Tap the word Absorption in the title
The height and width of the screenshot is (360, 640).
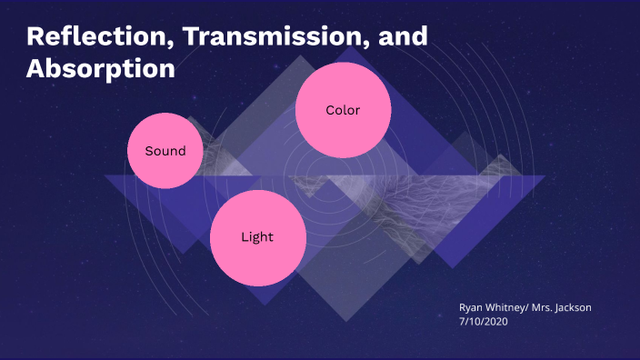click(101, 68)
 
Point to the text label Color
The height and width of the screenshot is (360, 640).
click(344, 110)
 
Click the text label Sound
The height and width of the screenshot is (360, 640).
click(165, 151)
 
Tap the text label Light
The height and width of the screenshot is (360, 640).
click(257, 237)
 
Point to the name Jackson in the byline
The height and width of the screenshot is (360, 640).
click(573, 308)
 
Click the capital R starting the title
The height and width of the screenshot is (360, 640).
click(35, 37)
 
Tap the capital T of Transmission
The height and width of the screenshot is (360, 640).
click(165, 37)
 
